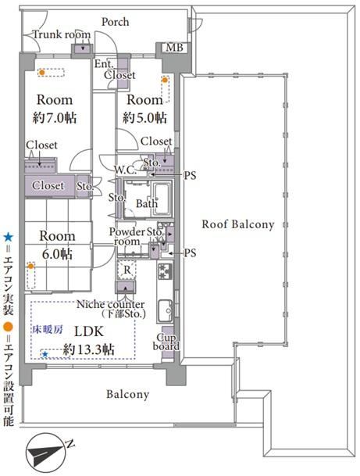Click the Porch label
115,22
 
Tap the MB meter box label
175,48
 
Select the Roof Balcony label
238,224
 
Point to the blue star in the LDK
45,354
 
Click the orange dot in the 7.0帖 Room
42,73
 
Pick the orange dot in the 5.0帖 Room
165,81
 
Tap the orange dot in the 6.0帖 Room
30,267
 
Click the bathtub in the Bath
162,199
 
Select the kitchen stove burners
165,270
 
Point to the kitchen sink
165,310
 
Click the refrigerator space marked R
127,270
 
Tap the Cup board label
166,342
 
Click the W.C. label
125,170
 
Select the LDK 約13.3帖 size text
88,349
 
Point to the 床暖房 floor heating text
48,329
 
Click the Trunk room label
62,34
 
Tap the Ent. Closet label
115,70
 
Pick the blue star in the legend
8,237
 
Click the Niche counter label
110,304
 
